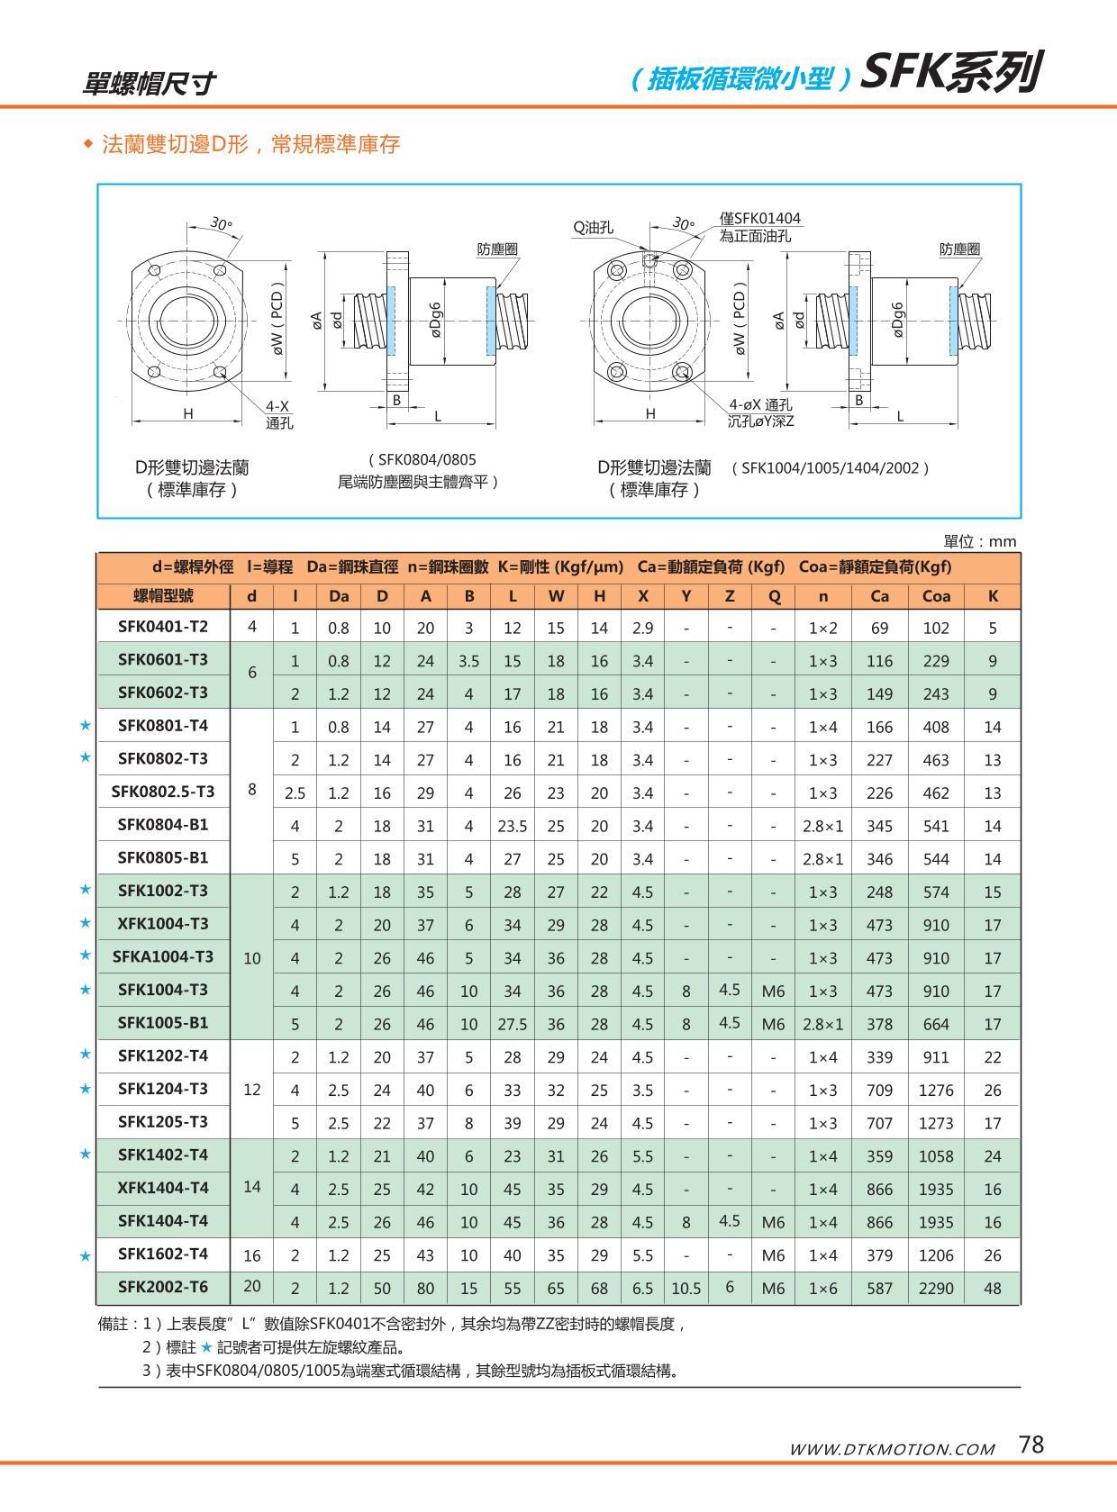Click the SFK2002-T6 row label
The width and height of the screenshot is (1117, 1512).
163,1287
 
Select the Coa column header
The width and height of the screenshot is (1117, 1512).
936,595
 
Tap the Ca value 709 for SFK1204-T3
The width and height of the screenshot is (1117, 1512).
879,1090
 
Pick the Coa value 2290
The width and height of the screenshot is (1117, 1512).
936,1288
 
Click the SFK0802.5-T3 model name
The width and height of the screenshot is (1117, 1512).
163,792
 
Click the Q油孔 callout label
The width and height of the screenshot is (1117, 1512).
594,228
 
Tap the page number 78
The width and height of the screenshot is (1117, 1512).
1031,1444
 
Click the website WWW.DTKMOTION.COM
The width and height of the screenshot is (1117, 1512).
892,1449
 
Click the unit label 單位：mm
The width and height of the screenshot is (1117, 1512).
979,541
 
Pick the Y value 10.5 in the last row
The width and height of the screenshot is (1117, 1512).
686,1288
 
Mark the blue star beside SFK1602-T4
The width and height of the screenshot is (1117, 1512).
86,1255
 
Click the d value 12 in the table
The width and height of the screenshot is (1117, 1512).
252,1090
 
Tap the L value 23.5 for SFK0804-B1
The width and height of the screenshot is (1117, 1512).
513,825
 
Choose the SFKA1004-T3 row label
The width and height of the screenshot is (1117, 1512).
163,956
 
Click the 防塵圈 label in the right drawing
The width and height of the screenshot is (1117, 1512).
959,249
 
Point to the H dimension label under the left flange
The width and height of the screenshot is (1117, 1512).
188,413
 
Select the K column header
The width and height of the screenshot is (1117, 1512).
993,595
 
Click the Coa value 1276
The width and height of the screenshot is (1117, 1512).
936,1090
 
